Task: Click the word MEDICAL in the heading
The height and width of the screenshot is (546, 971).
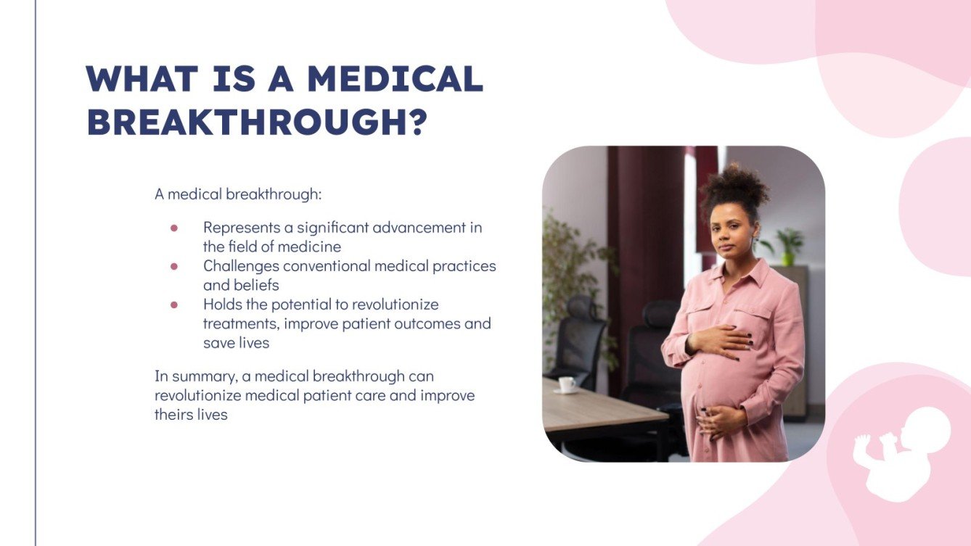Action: coord(395,79)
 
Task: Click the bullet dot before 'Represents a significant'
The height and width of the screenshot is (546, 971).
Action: coord(174,228)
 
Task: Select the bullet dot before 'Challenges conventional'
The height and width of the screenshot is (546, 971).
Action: coord(174,266)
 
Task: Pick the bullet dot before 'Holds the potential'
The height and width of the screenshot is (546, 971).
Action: coord(174,305)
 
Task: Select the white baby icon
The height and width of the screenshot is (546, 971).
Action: coord(899,452)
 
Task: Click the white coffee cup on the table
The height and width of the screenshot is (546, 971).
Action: coord(567,384)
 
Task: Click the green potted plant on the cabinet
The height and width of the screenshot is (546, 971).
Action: coord(787,246)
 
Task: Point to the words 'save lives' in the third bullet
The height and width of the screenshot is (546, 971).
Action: coord(236,343)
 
